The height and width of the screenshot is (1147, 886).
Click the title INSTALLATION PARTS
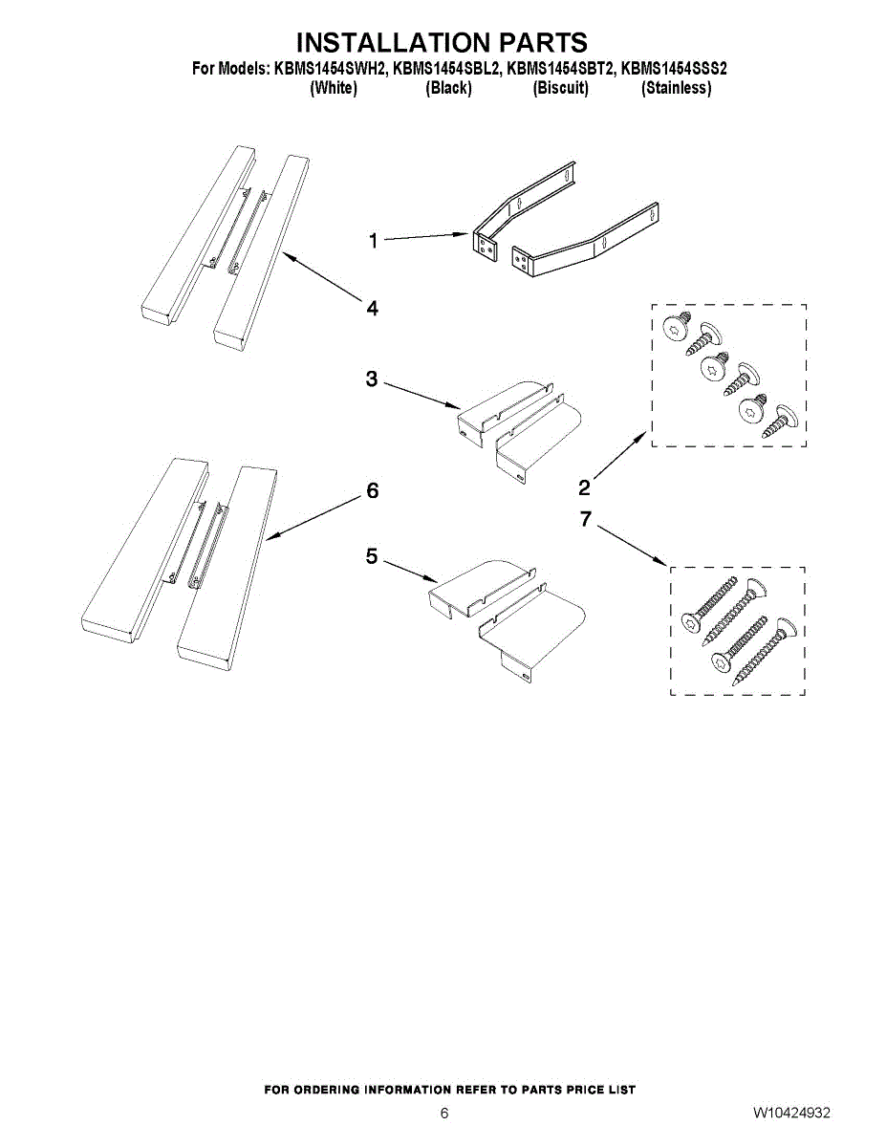click(442, 43)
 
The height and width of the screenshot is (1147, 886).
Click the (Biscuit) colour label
click(560, 88)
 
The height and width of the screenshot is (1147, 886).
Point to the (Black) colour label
click(448, 88)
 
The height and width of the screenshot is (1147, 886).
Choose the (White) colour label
click(334, 88)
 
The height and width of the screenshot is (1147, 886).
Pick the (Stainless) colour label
click(676, 88)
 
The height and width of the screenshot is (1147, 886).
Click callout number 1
click(374, 241)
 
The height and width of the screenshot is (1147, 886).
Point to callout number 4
click(372, 308)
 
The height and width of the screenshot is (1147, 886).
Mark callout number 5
click(373, 555)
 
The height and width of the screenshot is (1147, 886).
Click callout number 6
click(373, 490)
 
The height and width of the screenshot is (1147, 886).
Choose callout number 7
click(586, 518)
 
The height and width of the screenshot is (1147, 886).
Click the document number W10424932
click(790, 1114)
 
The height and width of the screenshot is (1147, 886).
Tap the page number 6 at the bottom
click(443, 1114)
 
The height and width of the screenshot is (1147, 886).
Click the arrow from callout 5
click(410, 571)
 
